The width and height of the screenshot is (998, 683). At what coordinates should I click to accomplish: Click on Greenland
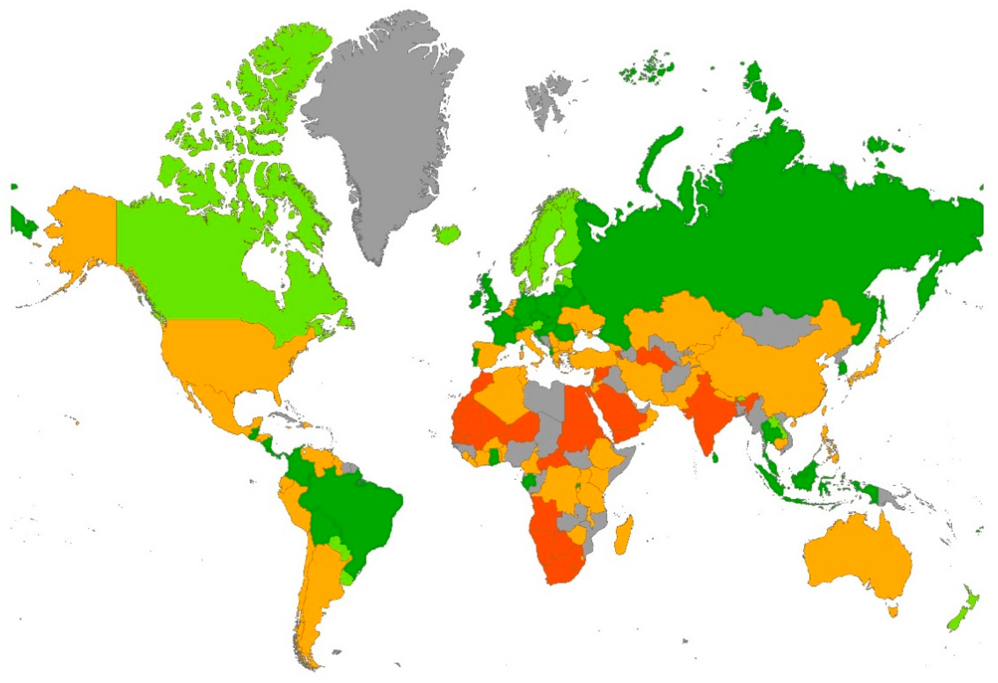[x=386, y=129]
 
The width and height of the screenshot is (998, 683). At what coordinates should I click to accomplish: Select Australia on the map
[x=854, y=558]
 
